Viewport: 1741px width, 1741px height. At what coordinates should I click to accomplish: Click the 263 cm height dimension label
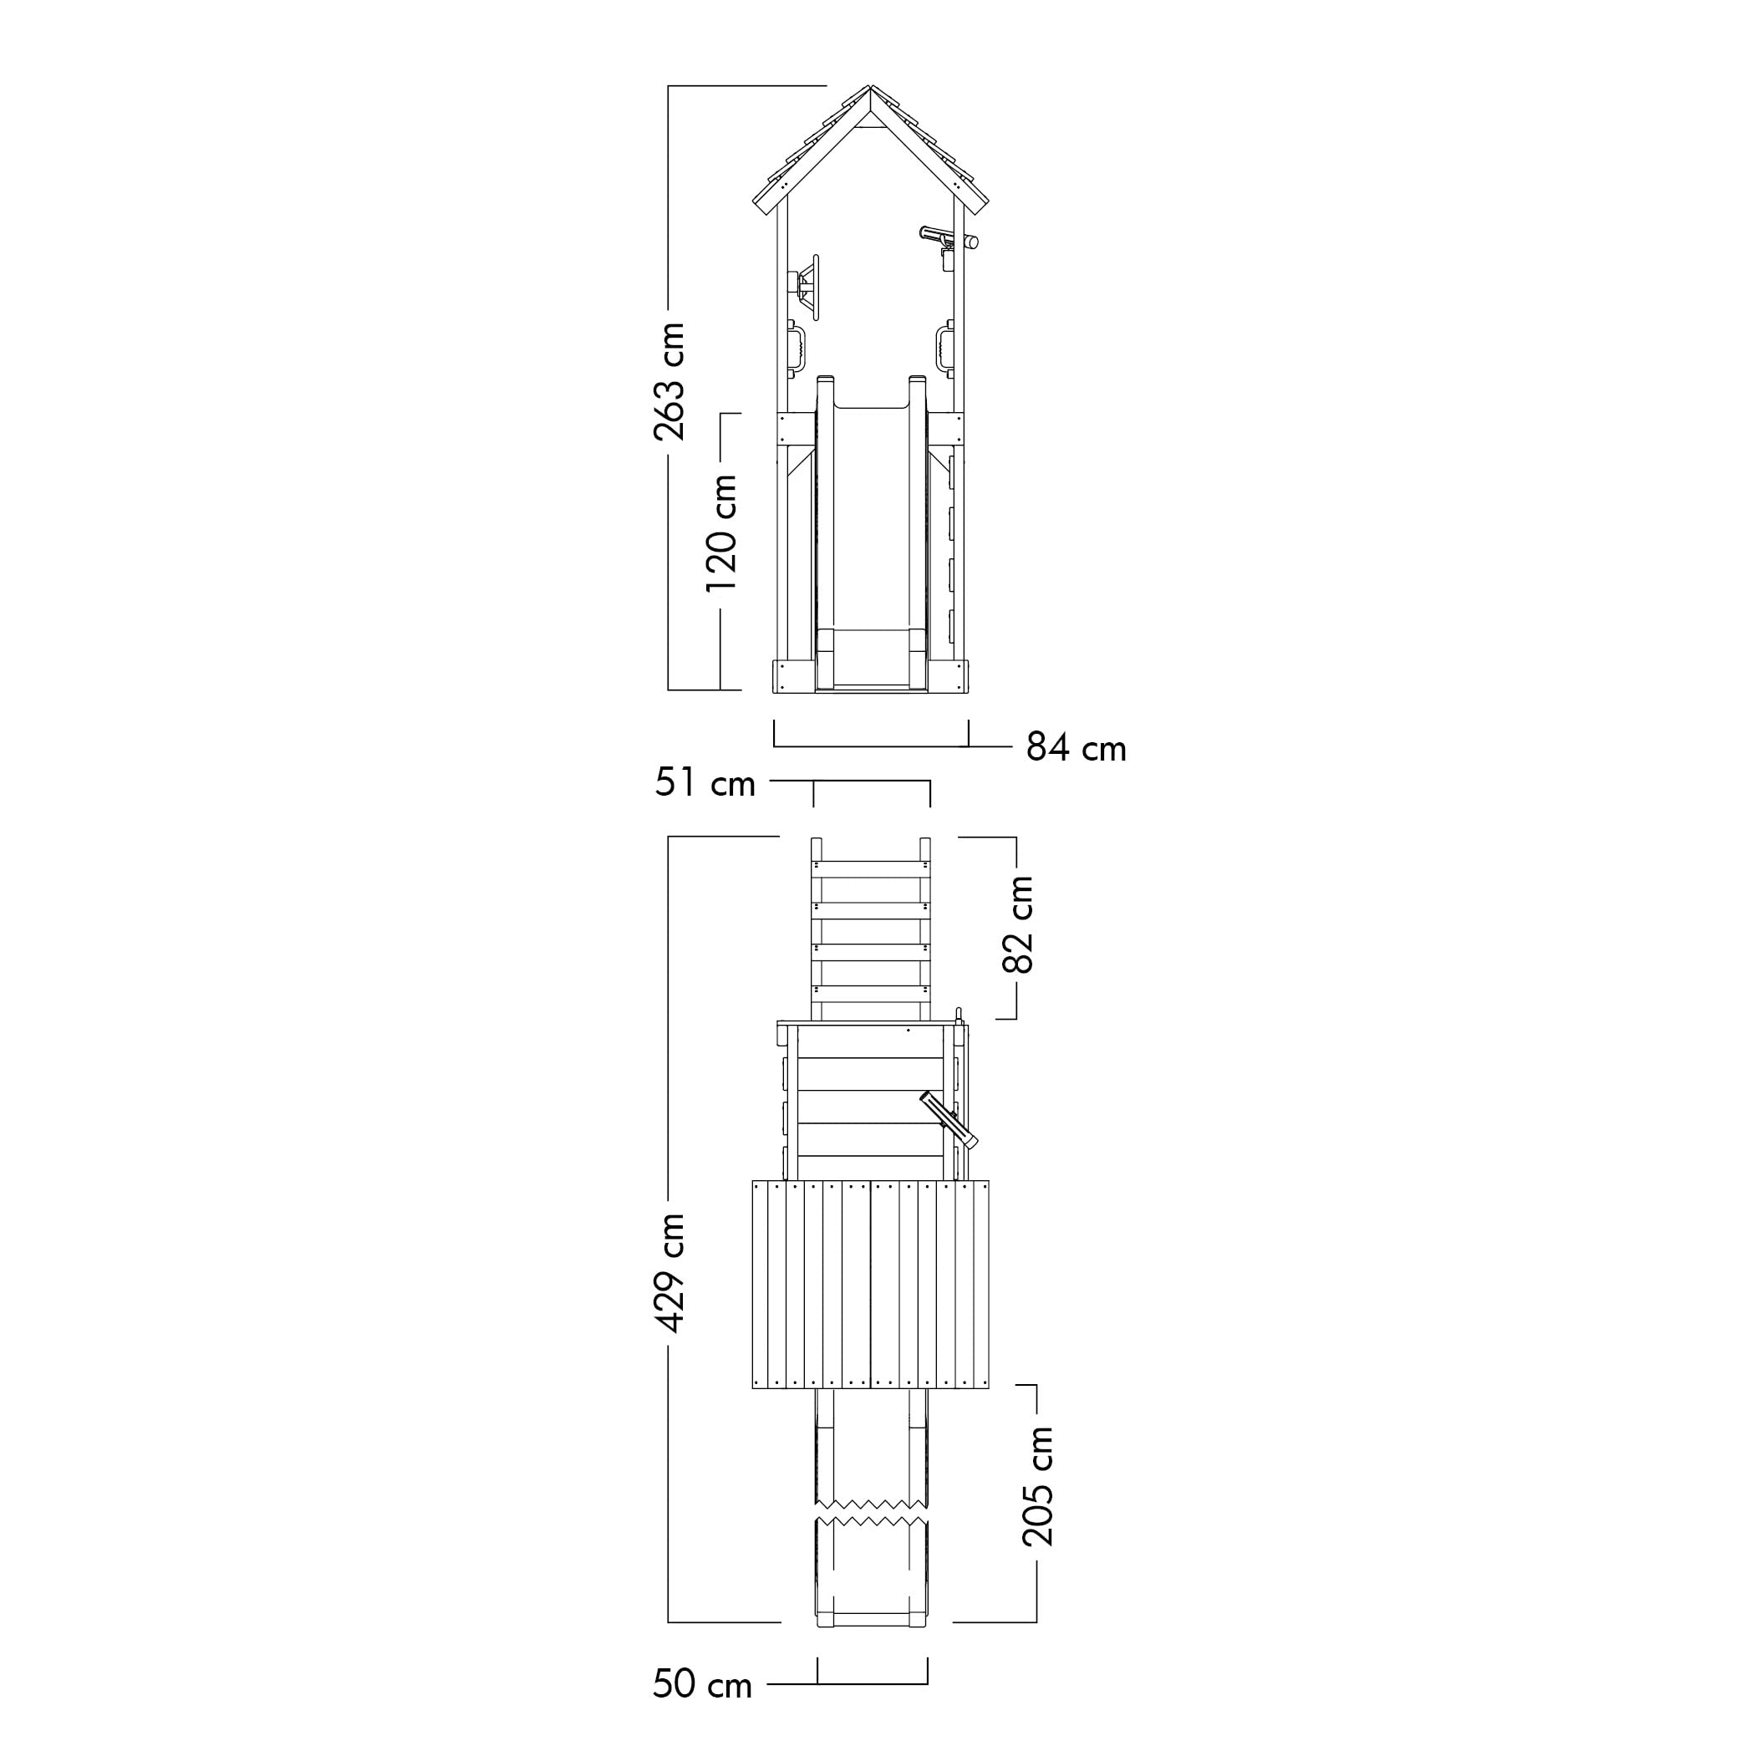[x=669, y=381]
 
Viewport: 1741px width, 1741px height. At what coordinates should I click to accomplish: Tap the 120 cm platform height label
[x=722, y=532]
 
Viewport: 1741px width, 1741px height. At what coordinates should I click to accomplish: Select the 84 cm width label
[x=1077, y=749]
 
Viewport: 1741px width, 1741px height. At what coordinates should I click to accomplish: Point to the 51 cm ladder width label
[x=705, y=783]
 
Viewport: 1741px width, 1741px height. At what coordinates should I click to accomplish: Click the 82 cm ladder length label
[x=1018, y=924]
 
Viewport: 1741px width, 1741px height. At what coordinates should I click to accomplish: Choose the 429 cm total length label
[x=669, y=1272]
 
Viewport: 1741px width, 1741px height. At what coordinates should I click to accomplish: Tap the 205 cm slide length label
[x=1038, y=1486]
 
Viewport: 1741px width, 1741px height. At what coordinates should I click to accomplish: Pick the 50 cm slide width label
[x=703, y=1684]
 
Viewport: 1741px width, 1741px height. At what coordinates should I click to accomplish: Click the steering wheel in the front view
[x=807, y=286]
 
